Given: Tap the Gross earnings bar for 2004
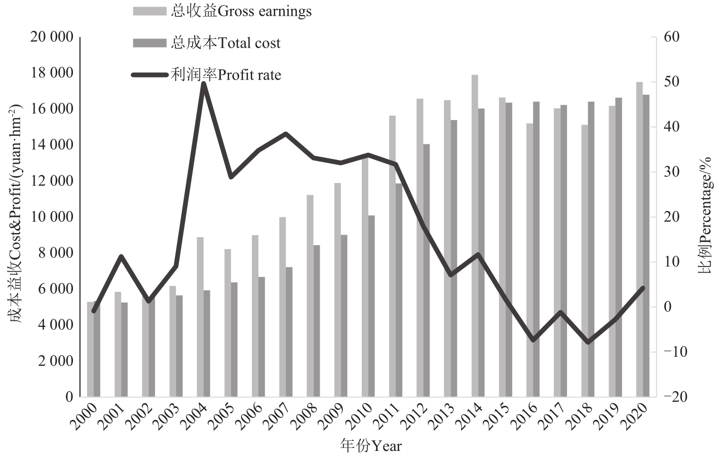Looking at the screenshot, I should (x=200, y=317).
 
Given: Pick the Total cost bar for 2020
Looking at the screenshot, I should (x=646, y=245).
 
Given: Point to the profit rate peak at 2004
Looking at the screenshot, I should (x=204, y=83).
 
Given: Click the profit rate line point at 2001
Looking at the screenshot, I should (x=121, y=256).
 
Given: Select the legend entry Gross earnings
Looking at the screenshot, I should (x=222, y=11).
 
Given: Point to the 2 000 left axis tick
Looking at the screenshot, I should (x=51, y=361).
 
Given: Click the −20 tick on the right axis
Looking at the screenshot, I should (x=673, y=397).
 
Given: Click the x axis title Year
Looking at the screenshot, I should (x=371, y=446).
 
